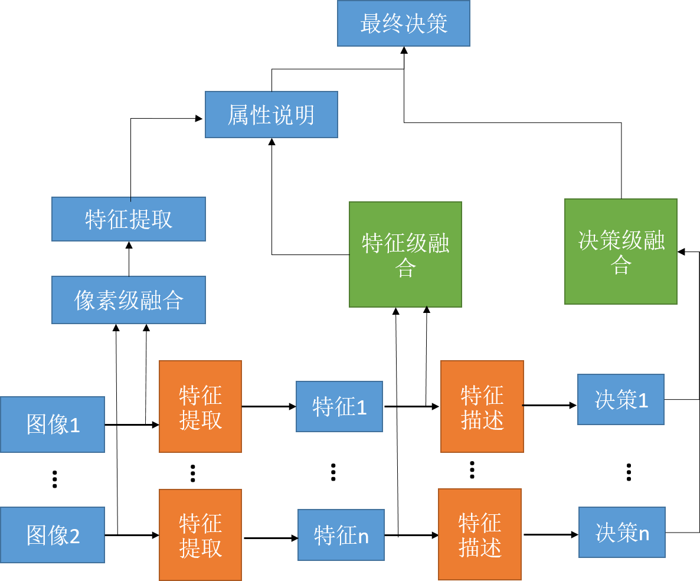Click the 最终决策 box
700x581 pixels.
point(403,24)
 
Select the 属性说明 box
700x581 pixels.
point(271,115)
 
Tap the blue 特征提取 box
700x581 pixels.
point(128,219)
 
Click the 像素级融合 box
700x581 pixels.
point(128,300)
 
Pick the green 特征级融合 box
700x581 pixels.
point(405,254)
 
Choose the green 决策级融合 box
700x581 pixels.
point(620,252)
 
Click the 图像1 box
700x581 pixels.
point(52,425)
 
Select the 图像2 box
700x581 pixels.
point(52,535)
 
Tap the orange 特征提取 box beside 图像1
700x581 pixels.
point(200,407)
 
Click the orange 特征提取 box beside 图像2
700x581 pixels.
point(200,535)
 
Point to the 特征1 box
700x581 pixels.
point(339,407)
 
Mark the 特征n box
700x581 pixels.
point(341,535)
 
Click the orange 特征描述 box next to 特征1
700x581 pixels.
point(482,407)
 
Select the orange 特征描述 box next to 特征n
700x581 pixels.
point(479,534)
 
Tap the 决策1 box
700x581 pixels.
point(620,400)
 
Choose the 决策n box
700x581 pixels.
point(622,533)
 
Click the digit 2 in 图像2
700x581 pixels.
point(75,536)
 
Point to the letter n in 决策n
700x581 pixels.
point(644,534)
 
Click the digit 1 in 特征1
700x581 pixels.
point(362,407)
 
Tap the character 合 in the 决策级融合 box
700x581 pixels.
point(621,265)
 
